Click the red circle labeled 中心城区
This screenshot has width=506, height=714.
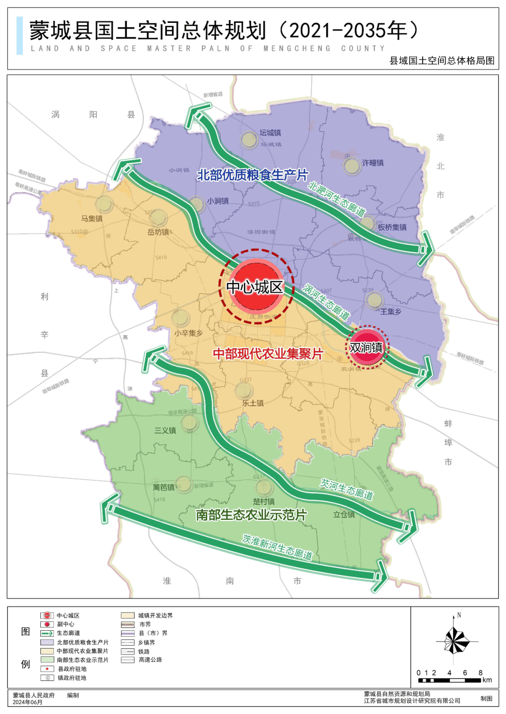coord(255,286)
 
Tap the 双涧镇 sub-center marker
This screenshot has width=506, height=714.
coord(367,348)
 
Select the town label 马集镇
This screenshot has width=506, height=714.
coord(92,219)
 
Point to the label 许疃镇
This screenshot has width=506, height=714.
coord(372,163)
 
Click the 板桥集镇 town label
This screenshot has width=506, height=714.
coord(392,227)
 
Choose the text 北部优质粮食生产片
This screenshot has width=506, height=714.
coord(253,175)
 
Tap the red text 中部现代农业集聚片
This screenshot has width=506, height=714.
coord(268,354)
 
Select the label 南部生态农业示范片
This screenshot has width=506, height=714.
coord(251,515)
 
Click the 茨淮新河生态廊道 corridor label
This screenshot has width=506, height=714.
coord(277,547)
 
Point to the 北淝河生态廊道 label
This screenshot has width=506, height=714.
coord(336,199)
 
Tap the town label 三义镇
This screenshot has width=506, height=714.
coord(165,430)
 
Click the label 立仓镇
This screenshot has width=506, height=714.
coord(344,515)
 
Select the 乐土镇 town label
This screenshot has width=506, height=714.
coord(253,403)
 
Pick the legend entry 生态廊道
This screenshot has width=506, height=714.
coord(68,633)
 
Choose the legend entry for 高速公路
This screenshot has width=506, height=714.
coord(150,660)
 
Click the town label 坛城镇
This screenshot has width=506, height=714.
coord(270,133)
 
